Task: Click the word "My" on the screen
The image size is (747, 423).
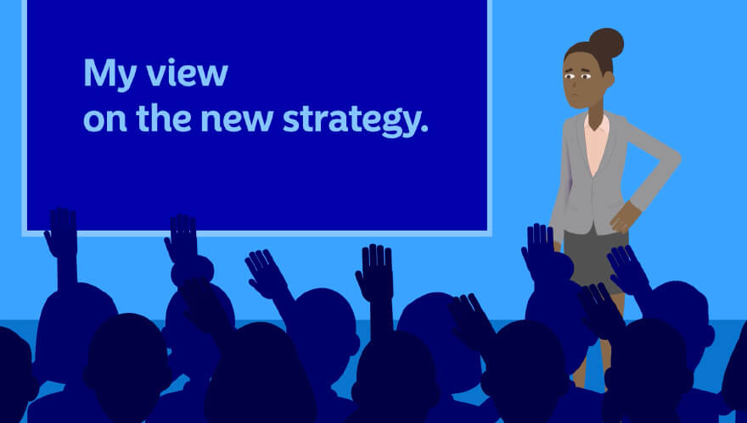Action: coord(110,75)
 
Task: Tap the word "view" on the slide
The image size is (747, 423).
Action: coord(188,73)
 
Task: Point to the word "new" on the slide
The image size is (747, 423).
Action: coord(237,120)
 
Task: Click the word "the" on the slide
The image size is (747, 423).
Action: coord(163,118)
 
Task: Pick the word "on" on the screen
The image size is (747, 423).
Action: coord(105,121)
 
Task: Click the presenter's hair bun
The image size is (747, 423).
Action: coord(606,43)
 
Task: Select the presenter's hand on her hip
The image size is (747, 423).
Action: coord(625,217)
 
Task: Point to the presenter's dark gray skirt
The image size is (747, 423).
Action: coord(593,257)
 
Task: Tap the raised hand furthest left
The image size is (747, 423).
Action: coord(61,232)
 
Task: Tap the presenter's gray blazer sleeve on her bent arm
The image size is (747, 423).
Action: coord(655,162)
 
